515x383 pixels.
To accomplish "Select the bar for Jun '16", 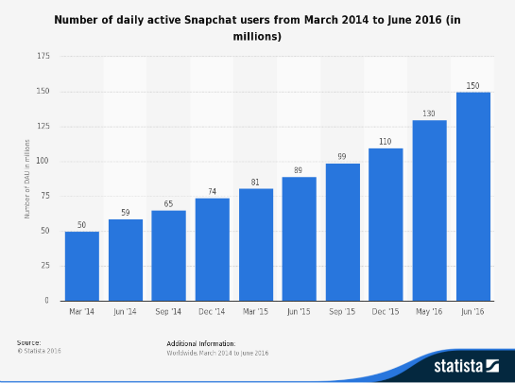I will click(473, 196).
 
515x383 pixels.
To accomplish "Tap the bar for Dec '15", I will click(386, 224).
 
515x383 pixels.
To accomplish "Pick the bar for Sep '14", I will click(168, 255).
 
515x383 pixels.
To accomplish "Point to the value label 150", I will click(473, 86).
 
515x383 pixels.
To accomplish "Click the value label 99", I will click(343, 157).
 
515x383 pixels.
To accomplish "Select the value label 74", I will click(212, 192).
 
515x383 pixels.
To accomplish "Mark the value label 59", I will click(125, 213).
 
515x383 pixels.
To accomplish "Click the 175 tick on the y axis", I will click(43, 57).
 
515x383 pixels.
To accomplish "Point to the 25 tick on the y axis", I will click(45, 266).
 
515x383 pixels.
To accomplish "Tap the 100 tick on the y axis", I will click(43, 162).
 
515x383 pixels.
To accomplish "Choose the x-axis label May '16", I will click(430, 310).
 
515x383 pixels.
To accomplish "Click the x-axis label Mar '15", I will click(256, 310).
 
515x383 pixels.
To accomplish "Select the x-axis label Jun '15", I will click(300, 310).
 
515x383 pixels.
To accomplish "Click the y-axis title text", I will click(27, 179).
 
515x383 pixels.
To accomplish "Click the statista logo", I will click(465, 364).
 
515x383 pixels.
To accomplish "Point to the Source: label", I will click(28, 342).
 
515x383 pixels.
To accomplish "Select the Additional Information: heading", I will click(200, 343).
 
